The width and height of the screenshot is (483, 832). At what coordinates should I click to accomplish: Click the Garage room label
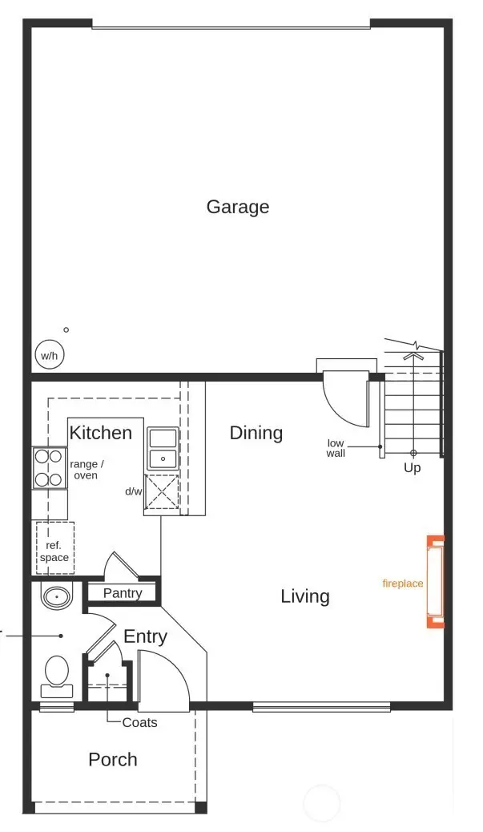click(x=238, y=207)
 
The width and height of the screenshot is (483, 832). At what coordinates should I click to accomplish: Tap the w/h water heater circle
click(x=49, y=355)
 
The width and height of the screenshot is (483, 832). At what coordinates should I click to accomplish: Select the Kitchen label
click(x=101, y=433)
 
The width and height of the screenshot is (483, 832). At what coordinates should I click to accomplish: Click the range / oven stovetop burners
click(x=48, y=467)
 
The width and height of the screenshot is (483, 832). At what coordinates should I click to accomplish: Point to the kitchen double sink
click(x=163, y=449)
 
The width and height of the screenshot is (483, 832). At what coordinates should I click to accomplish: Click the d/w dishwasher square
click(x=162, y=492)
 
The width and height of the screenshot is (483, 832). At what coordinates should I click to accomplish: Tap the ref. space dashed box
click(x=54, y=547)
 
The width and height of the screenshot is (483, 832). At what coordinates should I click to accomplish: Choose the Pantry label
click(x=123, y=593)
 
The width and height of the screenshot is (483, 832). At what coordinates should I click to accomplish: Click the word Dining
click(x=256, y=433)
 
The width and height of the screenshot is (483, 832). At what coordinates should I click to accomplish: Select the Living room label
click(x=305, y=596)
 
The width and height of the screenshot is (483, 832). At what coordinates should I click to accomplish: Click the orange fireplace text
click(x=403, y=584)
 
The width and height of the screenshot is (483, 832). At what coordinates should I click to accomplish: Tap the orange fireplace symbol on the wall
click(x=435, y=581)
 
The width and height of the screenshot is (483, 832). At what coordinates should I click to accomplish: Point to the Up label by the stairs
click(x=413, y=467)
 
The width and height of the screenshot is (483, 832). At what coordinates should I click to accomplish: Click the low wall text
click(x=336, y=448)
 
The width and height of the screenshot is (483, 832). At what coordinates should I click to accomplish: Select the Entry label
click(x=145, y=636)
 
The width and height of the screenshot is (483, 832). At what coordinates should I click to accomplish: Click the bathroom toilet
click(x=57, y=673)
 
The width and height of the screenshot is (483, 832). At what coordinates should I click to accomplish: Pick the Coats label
click(x=140, y=722)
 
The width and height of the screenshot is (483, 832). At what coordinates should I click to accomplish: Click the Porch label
click(x=113, y=759)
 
